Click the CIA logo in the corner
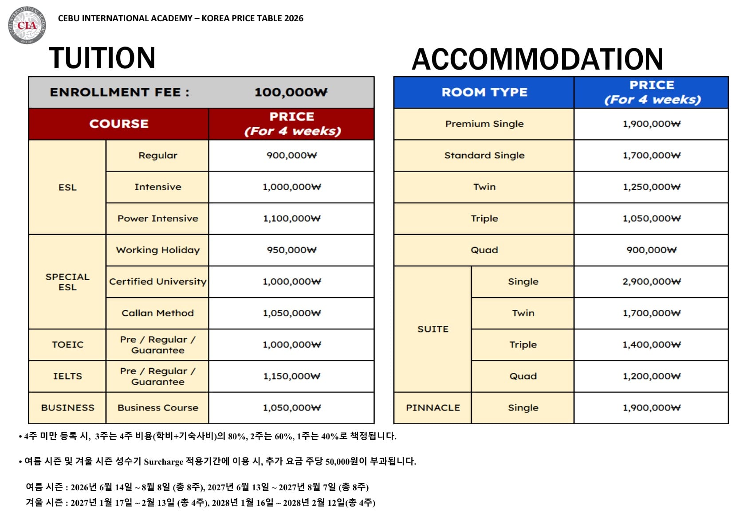coord(27,25)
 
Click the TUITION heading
coord(102,58)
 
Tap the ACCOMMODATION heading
coord(537,59)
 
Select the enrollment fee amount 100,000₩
coord(291,92)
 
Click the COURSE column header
coord(119,124)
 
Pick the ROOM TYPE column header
coord(484,92)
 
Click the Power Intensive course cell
coord(157,219)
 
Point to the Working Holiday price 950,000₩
coord(291,250)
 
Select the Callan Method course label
coord(157,313)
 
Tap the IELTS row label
coord(67,376)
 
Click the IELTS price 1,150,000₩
coord(291,376)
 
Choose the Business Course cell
coord(157,408)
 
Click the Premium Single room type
coord(484,124)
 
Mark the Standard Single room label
coord(484,155)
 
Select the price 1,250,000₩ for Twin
coord(651,187)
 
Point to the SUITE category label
coord(432,329)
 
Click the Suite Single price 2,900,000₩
coord(651,282)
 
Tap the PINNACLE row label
coord(432,408)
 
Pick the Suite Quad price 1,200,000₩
coord(651,376)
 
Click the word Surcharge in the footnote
coord(163,462)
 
